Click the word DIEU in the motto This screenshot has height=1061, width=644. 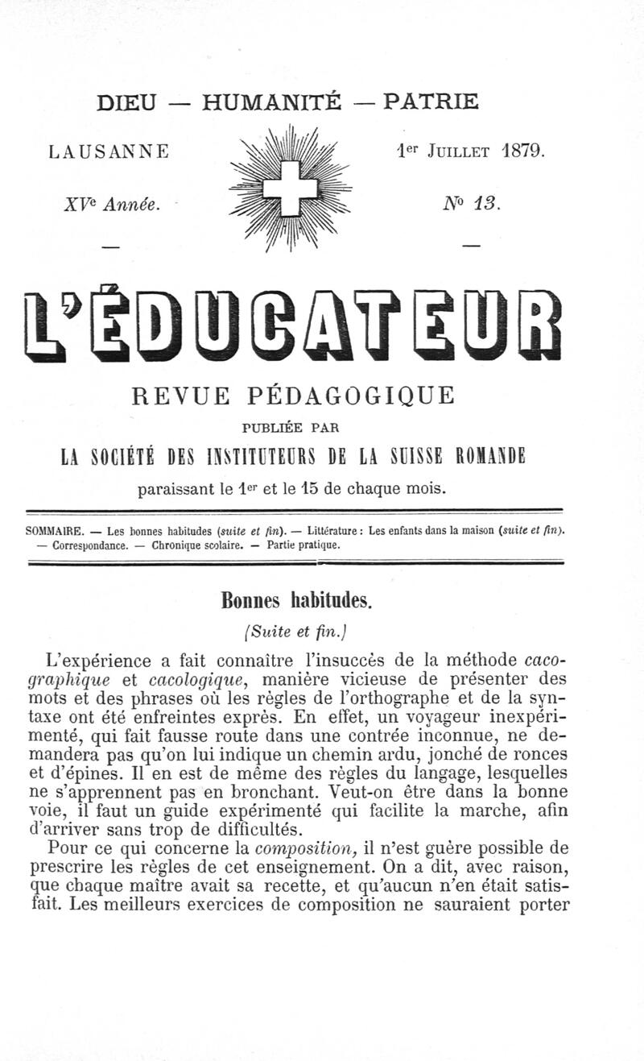(x=126, y=102)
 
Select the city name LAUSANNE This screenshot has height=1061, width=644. (x=109, y=151)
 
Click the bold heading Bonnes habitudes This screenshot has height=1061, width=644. (x=294, y=601)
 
